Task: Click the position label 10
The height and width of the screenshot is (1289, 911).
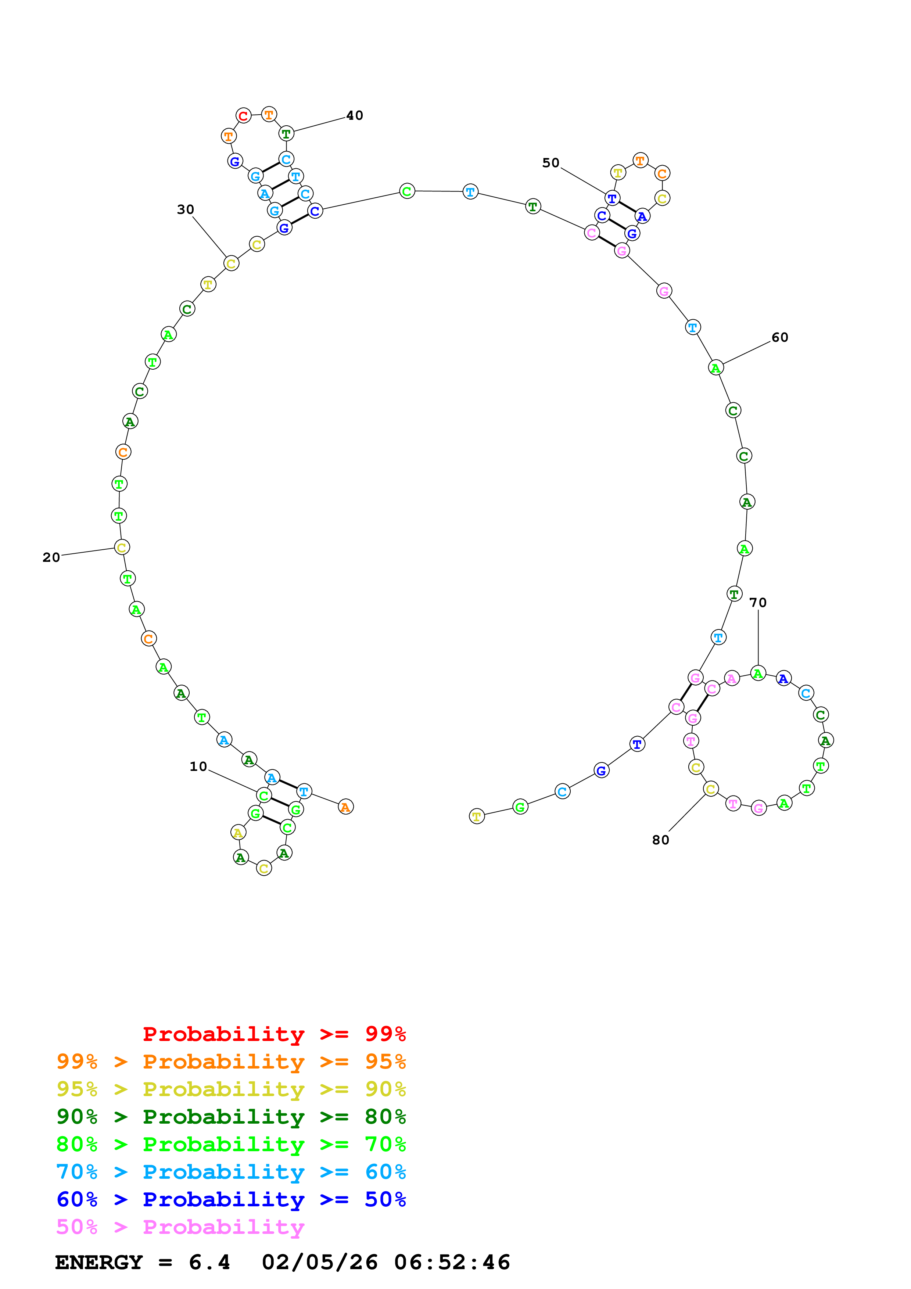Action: point(198,766)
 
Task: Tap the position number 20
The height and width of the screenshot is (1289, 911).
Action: point(51,557)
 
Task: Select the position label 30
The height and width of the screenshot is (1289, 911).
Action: point(185,209)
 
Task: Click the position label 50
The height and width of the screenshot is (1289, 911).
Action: point(550,163)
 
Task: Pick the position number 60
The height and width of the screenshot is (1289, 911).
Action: point(780,337)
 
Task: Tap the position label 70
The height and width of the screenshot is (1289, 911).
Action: point(758,602)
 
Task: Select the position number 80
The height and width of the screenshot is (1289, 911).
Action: point(661,840)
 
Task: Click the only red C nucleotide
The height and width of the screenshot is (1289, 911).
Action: point(243,116)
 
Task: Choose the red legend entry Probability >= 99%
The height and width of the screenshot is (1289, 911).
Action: point(274,1034)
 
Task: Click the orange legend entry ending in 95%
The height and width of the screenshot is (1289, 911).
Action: point(231,1061)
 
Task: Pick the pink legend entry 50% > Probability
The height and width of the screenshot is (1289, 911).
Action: point(180,1227)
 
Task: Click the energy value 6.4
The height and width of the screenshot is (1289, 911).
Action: point(209,1262)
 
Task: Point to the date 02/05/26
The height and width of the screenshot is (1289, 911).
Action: point(319,1262)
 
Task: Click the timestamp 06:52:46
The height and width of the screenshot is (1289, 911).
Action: point(452,1262)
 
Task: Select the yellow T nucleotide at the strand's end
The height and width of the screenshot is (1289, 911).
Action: point(477,816)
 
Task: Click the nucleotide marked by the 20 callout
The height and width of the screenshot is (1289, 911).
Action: point(122,547)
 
